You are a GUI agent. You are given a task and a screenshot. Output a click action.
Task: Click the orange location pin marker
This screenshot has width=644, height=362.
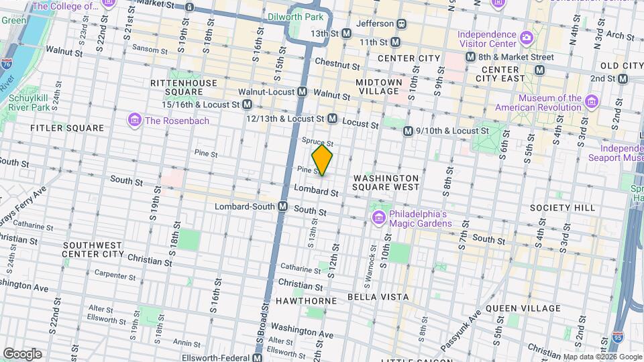[323, 160]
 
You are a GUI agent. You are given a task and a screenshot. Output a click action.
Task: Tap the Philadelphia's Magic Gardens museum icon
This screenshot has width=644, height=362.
[378, 218]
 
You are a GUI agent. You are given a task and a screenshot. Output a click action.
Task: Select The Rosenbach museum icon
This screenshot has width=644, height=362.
[134, 121]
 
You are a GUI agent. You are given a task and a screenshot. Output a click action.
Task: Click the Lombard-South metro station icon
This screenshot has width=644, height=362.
[283, 206]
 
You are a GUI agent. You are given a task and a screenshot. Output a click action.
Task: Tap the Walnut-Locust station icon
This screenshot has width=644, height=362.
[303, 91]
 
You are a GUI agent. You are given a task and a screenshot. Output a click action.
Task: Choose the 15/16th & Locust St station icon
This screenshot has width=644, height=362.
[248, 105]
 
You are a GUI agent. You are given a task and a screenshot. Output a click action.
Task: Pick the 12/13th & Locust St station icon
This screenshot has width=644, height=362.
[332, 119]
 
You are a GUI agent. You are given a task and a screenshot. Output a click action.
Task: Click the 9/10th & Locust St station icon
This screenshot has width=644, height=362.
[408, 131]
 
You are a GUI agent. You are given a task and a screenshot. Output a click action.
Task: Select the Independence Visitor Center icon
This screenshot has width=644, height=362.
[527, 36]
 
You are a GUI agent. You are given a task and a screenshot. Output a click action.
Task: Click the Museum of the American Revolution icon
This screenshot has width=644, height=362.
[591, 102]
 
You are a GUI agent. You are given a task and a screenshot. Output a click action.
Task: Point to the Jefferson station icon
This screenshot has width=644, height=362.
[402, 23]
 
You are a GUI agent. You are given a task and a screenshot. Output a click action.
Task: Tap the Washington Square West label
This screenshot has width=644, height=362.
[386, 182]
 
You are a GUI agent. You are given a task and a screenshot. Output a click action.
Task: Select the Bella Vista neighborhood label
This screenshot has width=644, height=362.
[378, 296]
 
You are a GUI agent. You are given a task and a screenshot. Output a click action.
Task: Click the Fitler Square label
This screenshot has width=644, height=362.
[67, 127]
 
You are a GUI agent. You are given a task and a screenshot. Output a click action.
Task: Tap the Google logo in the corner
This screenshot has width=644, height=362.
[22, 353]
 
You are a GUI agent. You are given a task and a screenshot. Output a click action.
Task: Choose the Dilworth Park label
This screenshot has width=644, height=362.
[295, 16]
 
